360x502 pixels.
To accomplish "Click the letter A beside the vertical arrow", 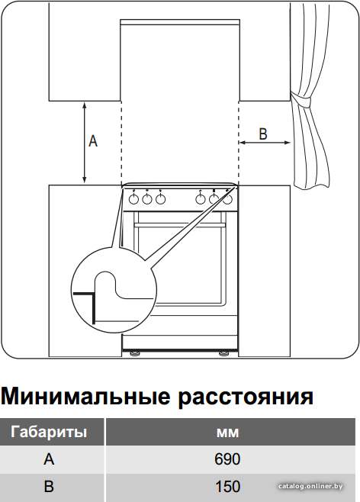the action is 93,141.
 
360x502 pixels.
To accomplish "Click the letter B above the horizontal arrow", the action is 262,134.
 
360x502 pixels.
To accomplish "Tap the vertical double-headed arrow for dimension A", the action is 85,143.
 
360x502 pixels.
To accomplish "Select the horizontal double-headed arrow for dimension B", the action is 265,143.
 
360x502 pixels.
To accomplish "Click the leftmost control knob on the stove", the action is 133,199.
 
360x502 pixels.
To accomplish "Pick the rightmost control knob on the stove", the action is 227,199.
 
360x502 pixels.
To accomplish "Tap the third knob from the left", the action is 160,199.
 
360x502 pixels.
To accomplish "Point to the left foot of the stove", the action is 133,353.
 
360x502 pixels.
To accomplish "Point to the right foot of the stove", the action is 223,353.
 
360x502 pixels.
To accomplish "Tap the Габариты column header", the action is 49,432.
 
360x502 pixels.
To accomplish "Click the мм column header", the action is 227,433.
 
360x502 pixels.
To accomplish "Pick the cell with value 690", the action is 227,459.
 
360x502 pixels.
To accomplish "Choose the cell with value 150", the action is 227,487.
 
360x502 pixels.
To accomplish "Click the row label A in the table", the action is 49,459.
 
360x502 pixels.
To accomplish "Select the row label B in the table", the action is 49,487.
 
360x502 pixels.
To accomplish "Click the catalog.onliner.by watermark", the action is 310,487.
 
